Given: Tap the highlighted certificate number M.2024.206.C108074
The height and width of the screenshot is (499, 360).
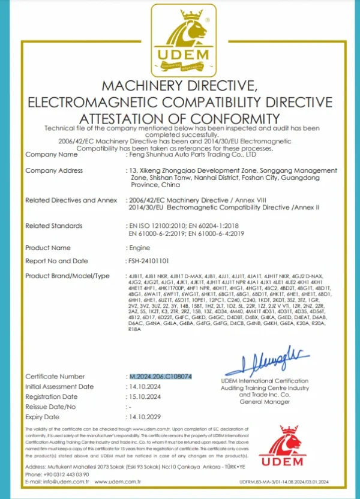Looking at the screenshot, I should pyautogui.click(x=161, y=376).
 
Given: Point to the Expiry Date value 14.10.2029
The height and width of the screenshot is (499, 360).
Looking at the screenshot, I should pyautogui.click(x=146, y=417).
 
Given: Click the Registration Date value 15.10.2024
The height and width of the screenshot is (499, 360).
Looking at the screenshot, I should pyautogui.click(x=146, y=396).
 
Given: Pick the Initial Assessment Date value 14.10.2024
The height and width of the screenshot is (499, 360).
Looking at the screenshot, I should pyautogui.click(x=146, y=386).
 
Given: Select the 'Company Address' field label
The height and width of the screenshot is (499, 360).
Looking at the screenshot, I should pyautogui.click(x=54, y=171).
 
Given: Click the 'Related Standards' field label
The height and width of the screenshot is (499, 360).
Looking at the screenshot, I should pyautogui.click(x=54, y=226).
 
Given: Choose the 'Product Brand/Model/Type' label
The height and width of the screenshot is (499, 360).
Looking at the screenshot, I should pyautogui.click(x=67, y=275).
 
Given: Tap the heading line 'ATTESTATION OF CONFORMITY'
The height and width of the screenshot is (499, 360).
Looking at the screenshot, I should pyautogui.click(x=179, y=118).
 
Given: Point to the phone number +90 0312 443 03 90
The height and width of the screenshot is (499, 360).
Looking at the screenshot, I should pyautogui.click(x=58, y=474).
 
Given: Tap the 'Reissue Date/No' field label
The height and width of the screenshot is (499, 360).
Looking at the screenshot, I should pyautogui.click(x=51, y=407).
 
